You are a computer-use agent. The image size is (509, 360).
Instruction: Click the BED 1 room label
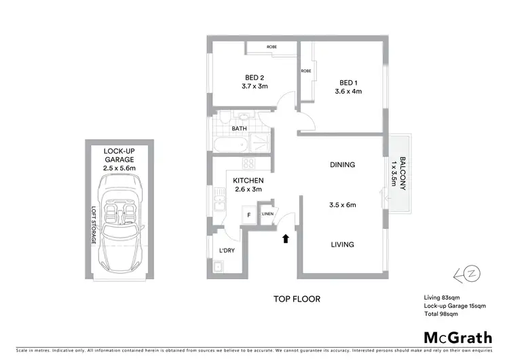point(347,84)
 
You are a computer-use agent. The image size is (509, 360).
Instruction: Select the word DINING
point(342,165)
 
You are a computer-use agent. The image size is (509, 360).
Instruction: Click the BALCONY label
point(402,174)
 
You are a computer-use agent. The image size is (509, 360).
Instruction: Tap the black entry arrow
point(286,238)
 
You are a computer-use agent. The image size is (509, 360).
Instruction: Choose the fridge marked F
point(249,215)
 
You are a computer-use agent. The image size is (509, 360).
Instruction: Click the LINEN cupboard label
point(267,215)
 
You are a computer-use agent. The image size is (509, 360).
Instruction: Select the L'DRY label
point(226,251)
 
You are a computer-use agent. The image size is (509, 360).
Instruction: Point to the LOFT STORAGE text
point(94,225)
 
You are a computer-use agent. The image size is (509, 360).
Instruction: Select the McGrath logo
point(458,338)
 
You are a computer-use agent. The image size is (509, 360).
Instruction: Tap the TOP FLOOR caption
point(297,299)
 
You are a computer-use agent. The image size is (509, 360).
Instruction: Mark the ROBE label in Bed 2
point(271,48)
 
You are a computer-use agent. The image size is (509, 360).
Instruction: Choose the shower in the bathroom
point(262,142)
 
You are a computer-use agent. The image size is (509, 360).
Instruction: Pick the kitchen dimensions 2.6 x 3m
point(248,190)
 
